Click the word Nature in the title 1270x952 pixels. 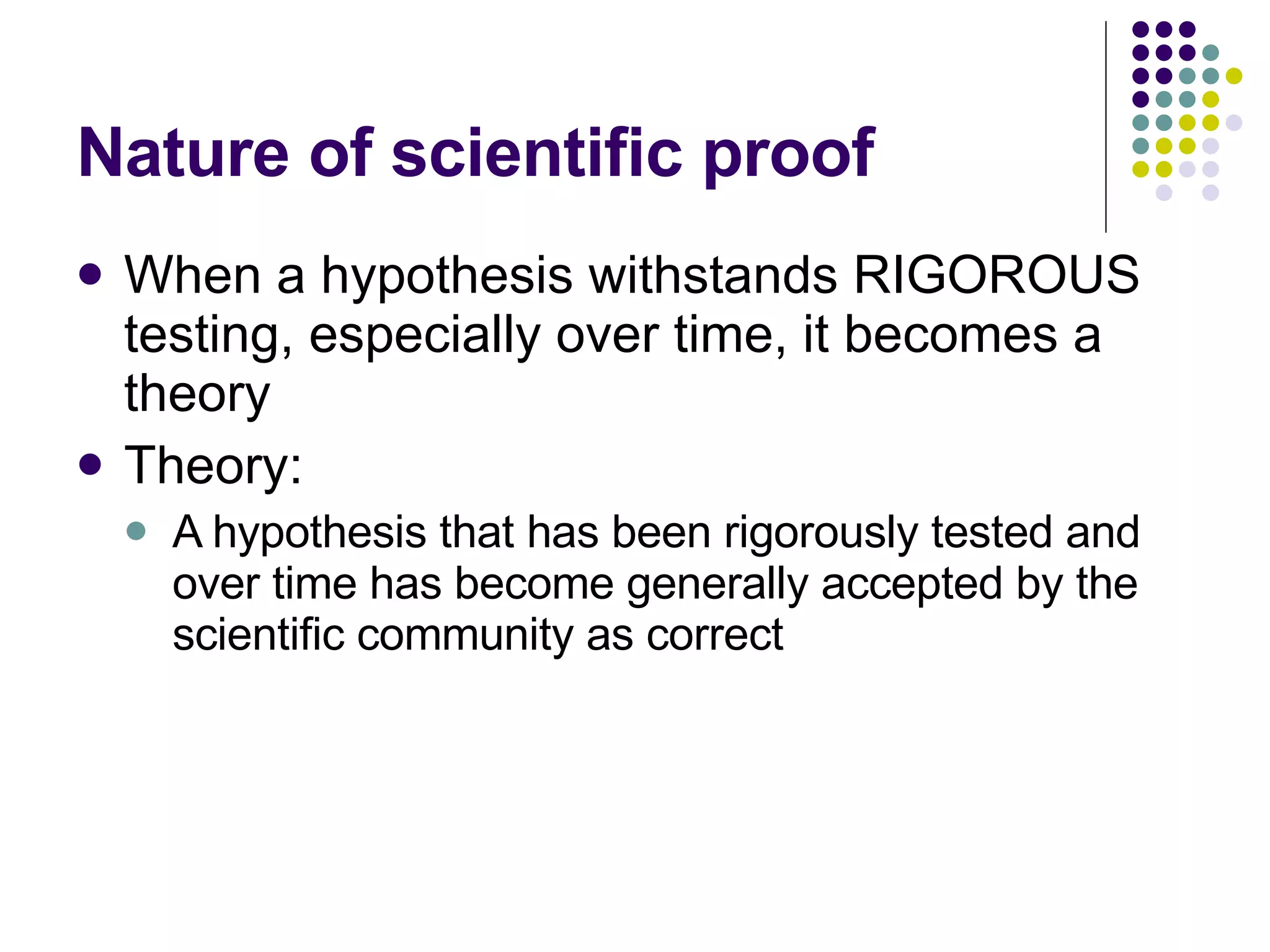(x=184, y=152)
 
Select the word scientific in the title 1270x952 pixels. (x=537, y=152)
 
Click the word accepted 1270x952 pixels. (x=911, y=585)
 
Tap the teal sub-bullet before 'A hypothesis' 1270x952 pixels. (x=135, y=531)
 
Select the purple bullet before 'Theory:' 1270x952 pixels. (x=91, y=464)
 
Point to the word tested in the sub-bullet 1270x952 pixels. (x=992, y=532)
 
